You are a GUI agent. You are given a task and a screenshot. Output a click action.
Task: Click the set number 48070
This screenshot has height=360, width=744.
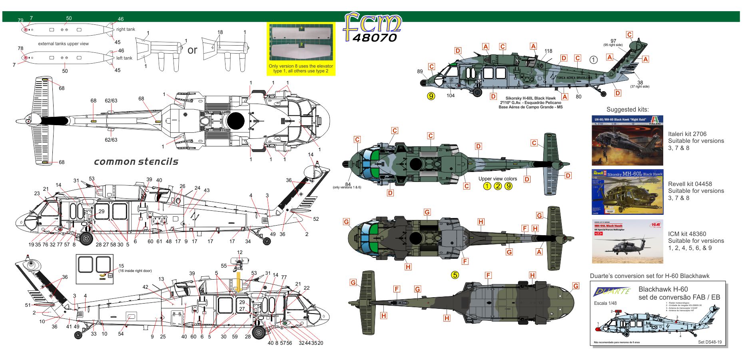(374, 38)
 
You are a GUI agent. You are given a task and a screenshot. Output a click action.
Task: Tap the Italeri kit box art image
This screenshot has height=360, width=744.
(627, 140)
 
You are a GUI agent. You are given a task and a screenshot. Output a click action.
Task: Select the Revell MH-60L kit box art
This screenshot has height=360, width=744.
(627, 192)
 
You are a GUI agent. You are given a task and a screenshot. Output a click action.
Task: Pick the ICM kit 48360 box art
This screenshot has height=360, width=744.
(627, 241)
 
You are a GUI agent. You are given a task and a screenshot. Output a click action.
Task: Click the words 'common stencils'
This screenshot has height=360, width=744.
(136, 162)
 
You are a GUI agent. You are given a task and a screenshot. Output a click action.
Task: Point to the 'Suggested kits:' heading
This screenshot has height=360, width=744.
(627, 110)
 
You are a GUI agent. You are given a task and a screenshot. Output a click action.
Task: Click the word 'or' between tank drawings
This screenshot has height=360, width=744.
(192, 50)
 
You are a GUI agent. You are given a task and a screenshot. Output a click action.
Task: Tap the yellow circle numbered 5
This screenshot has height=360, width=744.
(455, 275)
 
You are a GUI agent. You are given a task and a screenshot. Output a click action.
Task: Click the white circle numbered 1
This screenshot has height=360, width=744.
(593, 60)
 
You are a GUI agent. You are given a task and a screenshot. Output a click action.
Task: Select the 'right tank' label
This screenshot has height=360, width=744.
(126, 29)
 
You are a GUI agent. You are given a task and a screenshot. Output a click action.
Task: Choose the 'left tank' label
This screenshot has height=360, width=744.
(124, 58)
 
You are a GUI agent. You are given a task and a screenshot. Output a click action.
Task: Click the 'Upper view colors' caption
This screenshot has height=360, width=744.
(497, 179)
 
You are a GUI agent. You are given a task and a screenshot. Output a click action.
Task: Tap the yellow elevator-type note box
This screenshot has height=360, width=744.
(301, 49)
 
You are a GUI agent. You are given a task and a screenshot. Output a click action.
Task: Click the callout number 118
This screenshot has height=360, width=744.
(548, 51)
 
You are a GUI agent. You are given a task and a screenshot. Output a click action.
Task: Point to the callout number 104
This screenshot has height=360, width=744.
(451, 95)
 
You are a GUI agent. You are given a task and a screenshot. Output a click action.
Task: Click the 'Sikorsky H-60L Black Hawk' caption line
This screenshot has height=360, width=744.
(530, 98)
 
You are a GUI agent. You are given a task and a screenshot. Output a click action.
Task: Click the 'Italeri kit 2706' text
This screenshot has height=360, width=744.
(687, 134)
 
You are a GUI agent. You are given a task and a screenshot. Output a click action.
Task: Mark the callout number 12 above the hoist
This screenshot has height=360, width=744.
(239, 252)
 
